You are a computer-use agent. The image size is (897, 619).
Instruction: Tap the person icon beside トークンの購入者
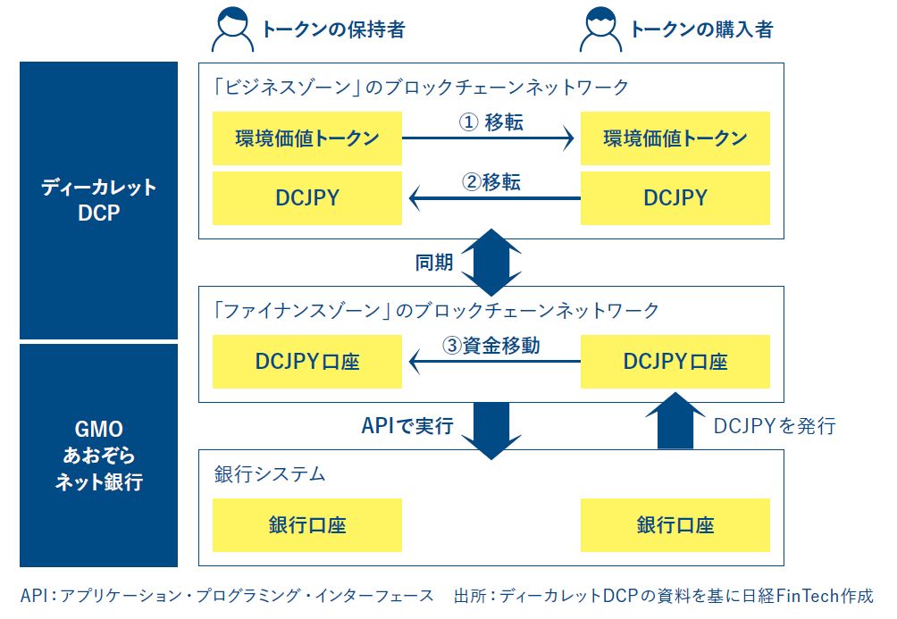600,29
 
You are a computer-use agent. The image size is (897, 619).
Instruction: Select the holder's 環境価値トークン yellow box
307,138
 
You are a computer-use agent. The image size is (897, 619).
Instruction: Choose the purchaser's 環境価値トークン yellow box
675,138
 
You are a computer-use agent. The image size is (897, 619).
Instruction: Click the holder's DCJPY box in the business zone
307,197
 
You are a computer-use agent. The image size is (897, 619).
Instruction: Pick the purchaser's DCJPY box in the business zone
675,197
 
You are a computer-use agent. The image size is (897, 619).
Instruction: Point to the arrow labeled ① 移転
488,138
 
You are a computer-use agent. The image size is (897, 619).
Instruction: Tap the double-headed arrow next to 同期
490,262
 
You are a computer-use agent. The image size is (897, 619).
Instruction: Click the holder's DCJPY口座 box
307,361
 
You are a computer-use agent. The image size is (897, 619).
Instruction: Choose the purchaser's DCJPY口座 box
675,361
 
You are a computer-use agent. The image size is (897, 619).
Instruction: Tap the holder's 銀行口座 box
307,524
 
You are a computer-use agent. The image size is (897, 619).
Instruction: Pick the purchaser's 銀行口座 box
675,524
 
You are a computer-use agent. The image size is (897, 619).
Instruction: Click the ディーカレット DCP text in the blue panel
99,201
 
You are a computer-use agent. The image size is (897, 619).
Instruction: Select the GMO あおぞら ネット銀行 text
99,456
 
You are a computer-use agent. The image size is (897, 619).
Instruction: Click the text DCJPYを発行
774,426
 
